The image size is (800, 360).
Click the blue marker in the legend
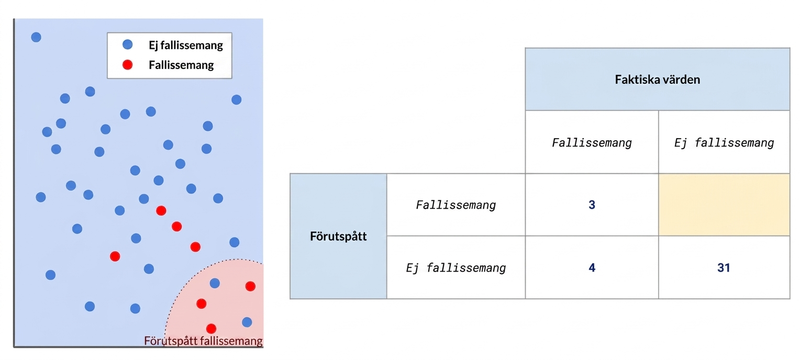coord(128,44)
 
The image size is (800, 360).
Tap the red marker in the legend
coord(128,64)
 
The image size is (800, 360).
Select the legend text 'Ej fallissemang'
coord(186,46)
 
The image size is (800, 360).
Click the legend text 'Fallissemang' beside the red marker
coord(181,65)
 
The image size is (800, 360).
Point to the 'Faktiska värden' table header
coord(657,79)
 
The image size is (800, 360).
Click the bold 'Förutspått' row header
coord(338,236)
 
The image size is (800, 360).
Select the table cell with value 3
coord(592,205)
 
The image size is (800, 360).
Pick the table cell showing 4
coord(592,267)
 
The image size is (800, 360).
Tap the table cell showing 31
coord(724,267)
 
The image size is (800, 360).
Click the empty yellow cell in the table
coord(724,205)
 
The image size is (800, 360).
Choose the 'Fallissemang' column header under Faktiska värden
coord(592,143)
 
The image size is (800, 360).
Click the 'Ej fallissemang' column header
coord(724,143)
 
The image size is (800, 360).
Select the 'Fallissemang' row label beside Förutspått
coord(455,205)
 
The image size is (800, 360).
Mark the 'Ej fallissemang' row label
coord(455,267)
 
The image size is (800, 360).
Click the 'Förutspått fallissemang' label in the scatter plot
coord(203,341)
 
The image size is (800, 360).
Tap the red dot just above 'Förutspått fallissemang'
coord(211,328)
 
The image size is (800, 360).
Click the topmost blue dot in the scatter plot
coord(36,37)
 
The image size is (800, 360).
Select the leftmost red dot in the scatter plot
coord(115,256)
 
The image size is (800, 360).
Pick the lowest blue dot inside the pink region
coord(247,322)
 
